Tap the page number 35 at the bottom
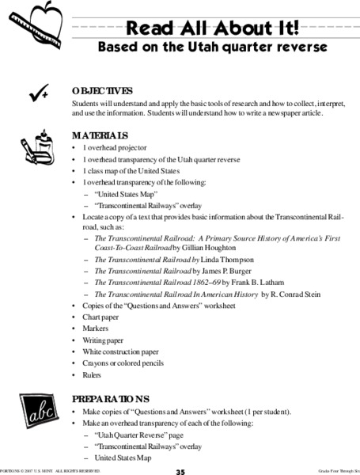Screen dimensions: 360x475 [180, 470]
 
